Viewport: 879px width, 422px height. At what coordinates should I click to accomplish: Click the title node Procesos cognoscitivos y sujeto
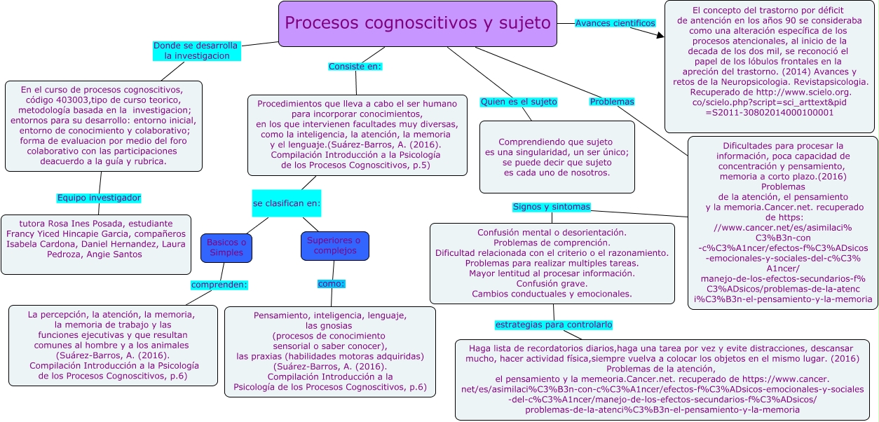pos(418,24)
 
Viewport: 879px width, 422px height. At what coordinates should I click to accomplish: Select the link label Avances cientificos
pos(615,23)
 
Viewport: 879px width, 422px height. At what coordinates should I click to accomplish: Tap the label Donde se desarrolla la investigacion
pos(196,50)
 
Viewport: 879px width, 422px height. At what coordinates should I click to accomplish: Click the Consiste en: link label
pos(355,67)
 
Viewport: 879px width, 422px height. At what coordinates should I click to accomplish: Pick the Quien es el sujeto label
pos(518,102)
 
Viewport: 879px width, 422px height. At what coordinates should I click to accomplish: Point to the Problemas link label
pos(611,102)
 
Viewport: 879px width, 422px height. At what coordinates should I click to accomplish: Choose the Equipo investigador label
pos(99,198)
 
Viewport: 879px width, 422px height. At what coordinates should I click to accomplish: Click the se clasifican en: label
pos(286,203)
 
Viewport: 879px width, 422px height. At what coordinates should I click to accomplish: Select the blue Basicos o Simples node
pos(225,247)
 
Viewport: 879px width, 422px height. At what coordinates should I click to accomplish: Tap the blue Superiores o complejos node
pos(334,245)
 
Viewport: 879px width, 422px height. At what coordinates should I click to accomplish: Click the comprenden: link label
pos(219,285)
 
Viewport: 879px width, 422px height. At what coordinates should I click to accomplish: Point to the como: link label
pos(331,284)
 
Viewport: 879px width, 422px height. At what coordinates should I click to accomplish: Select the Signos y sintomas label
pos(551,207)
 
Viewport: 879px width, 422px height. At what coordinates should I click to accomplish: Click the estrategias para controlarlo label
pos(554,325)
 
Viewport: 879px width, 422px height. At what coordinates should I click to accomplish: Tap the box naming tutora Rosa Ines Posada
pos(96,244)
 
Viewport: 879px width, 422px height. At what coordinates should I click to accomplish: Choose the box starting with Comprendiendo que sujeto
pos(557,157)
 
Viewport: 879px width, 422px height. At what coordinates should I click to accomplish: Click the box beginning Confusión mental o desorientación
pos(552,263)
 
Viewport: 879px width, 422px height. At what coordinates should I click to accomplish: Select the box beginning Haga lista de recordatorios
pos(662,379)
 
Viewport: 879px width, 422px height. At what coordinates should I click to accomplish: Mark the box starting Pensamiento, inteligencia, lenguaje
pos(329,351)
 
